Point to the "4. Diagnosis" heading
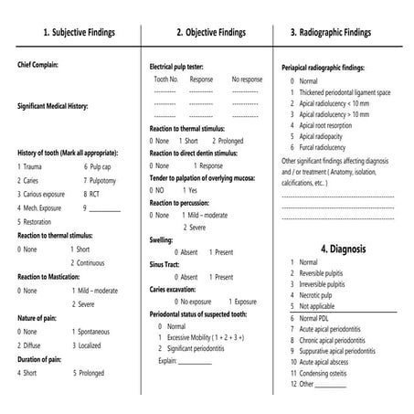coord(343,248)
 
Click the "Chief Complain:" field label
coord(44,65)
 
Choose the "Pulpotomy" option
coord(106,181)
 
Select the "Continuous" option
coord(97,262)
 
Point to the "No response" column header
coord(246,80)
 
